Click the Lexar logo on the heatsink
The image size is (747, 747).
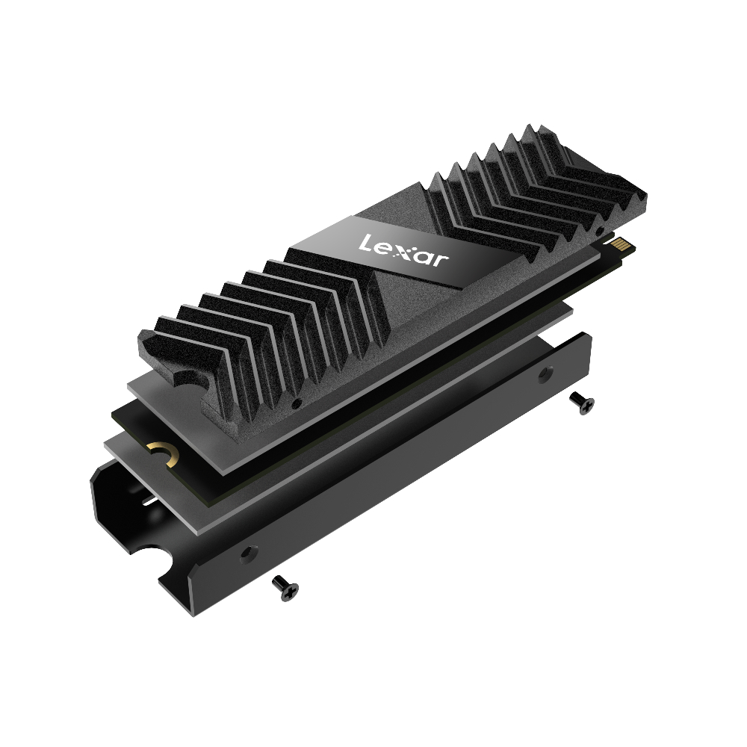pos(403,249)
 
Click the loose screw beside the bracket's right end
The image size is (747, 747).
pos(582,403)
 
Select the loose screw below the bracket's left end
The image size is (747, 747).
pos(285,587)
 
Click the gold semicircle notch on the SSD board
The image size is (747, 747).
pos(163,453)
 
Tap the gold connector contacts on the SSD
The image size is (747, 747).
pos(623,246)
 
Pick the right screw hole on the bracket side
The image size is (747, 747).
pos(545,374)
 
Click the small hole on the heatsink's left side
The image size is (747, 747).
pos(296,404)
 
